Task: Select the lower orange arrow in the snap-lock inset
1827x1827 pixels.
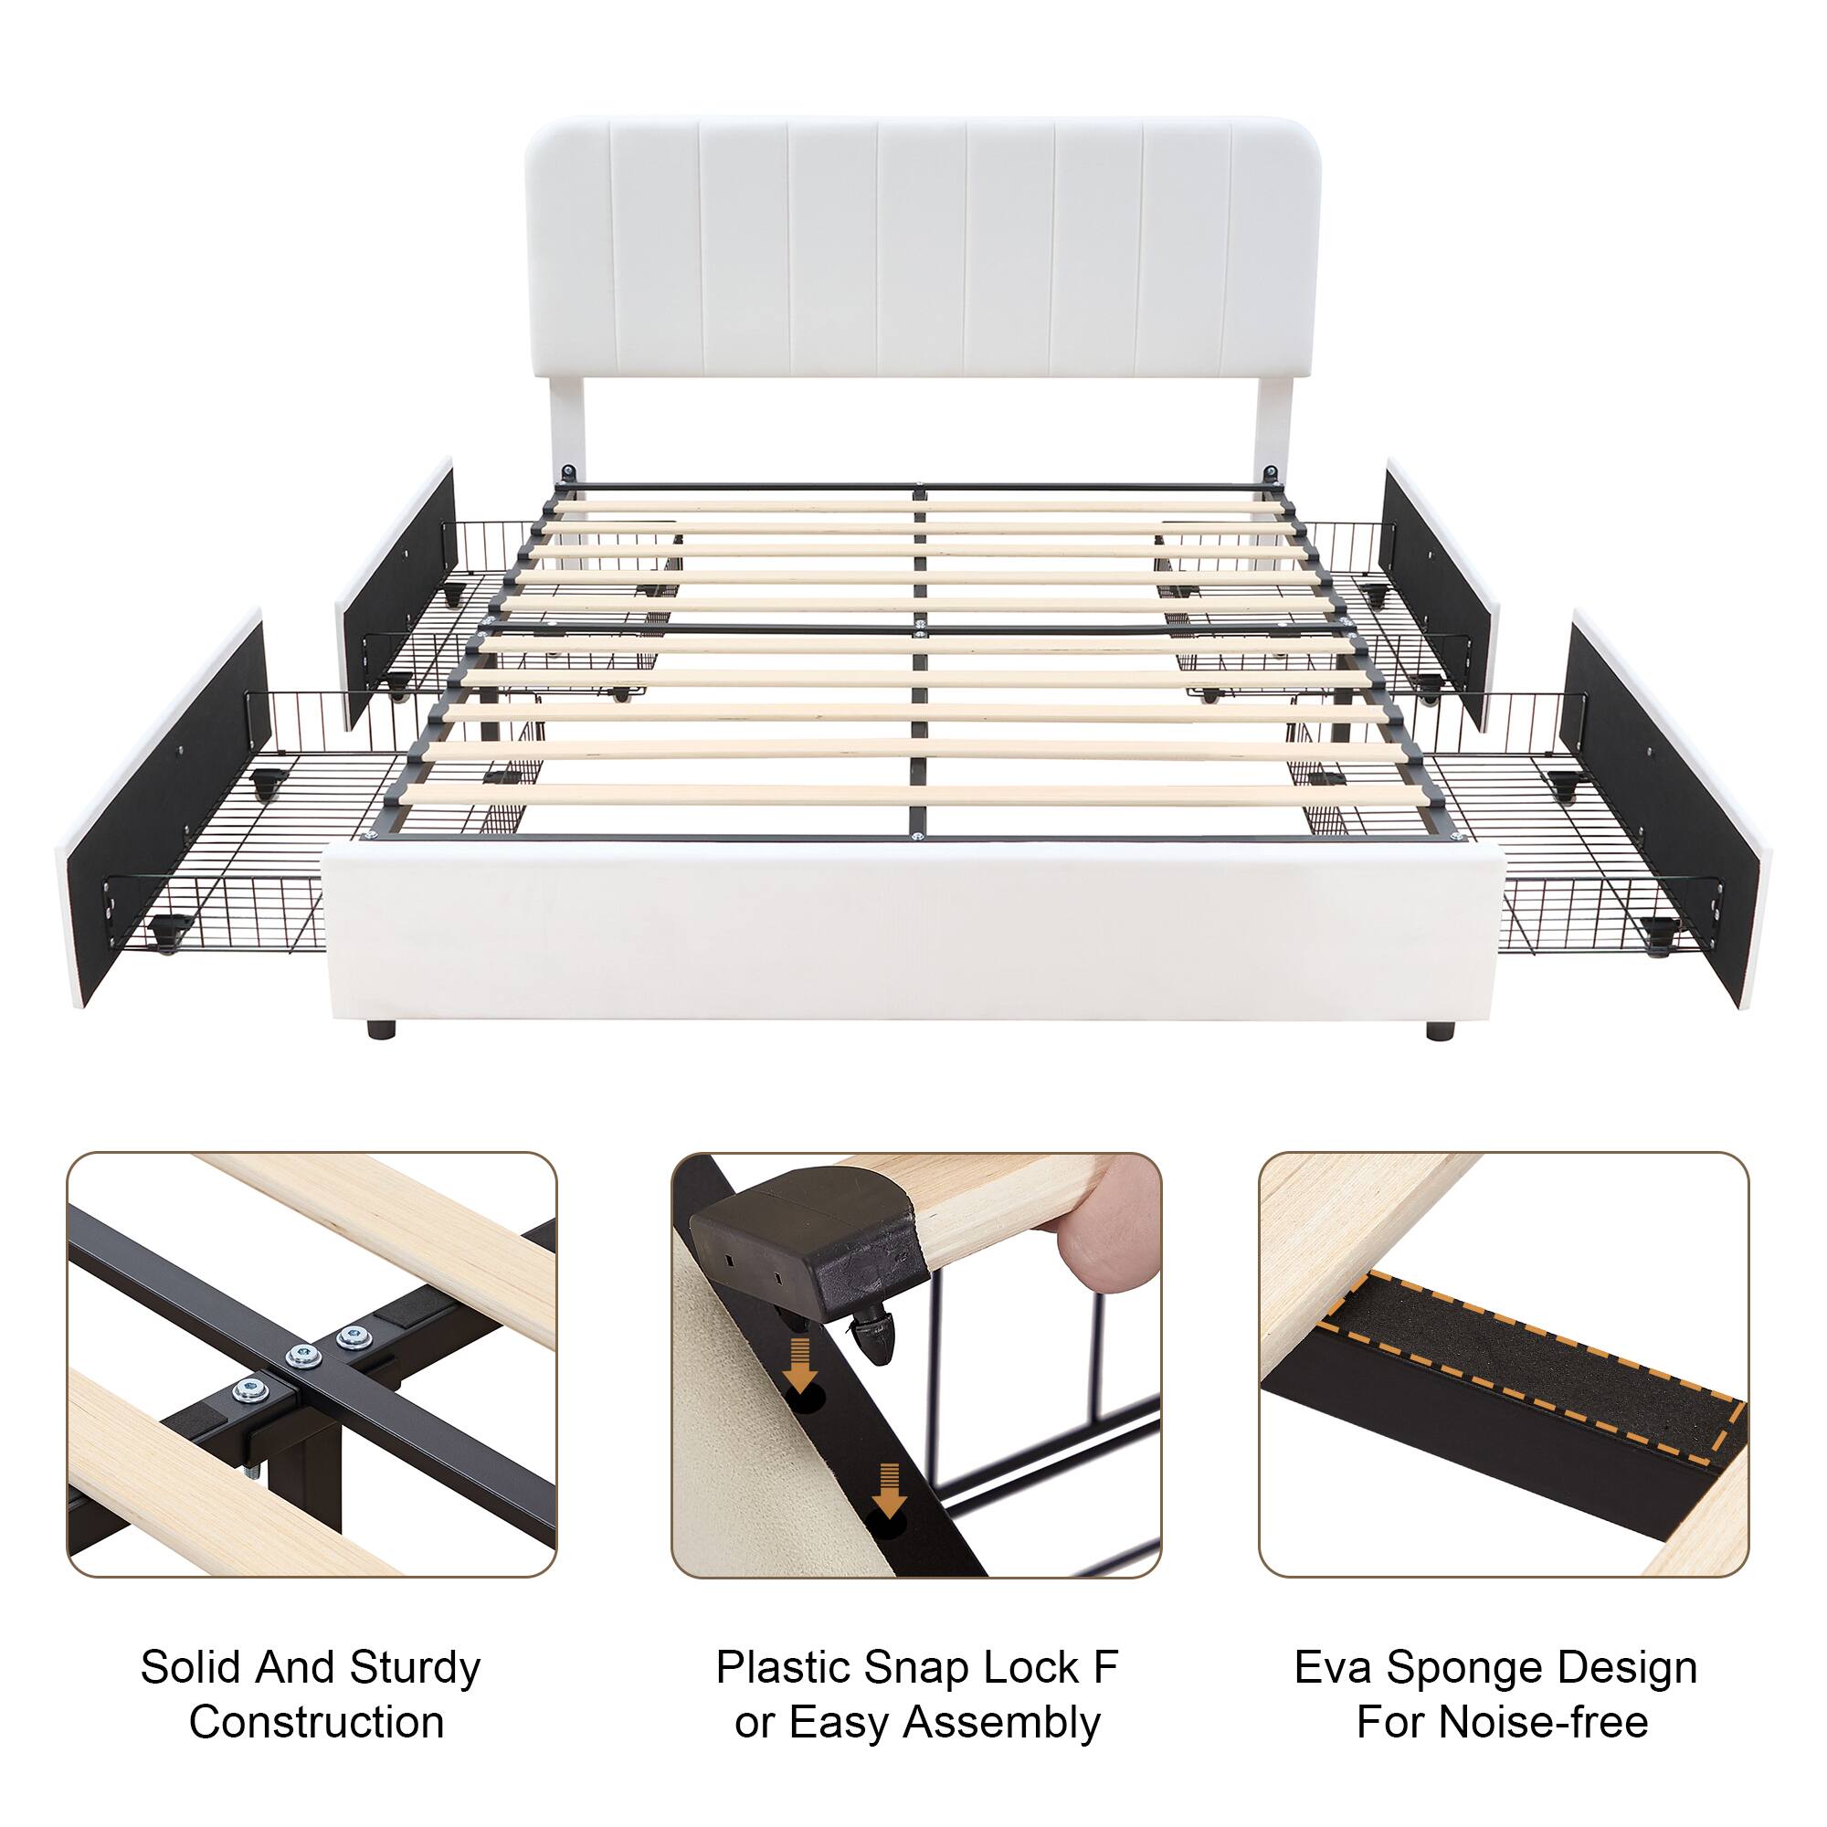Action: pyautogui.click(x=888, y=1484)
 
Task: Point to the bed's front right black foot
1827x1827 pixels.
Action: pyautogui.click(x=1439, y=1030)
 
